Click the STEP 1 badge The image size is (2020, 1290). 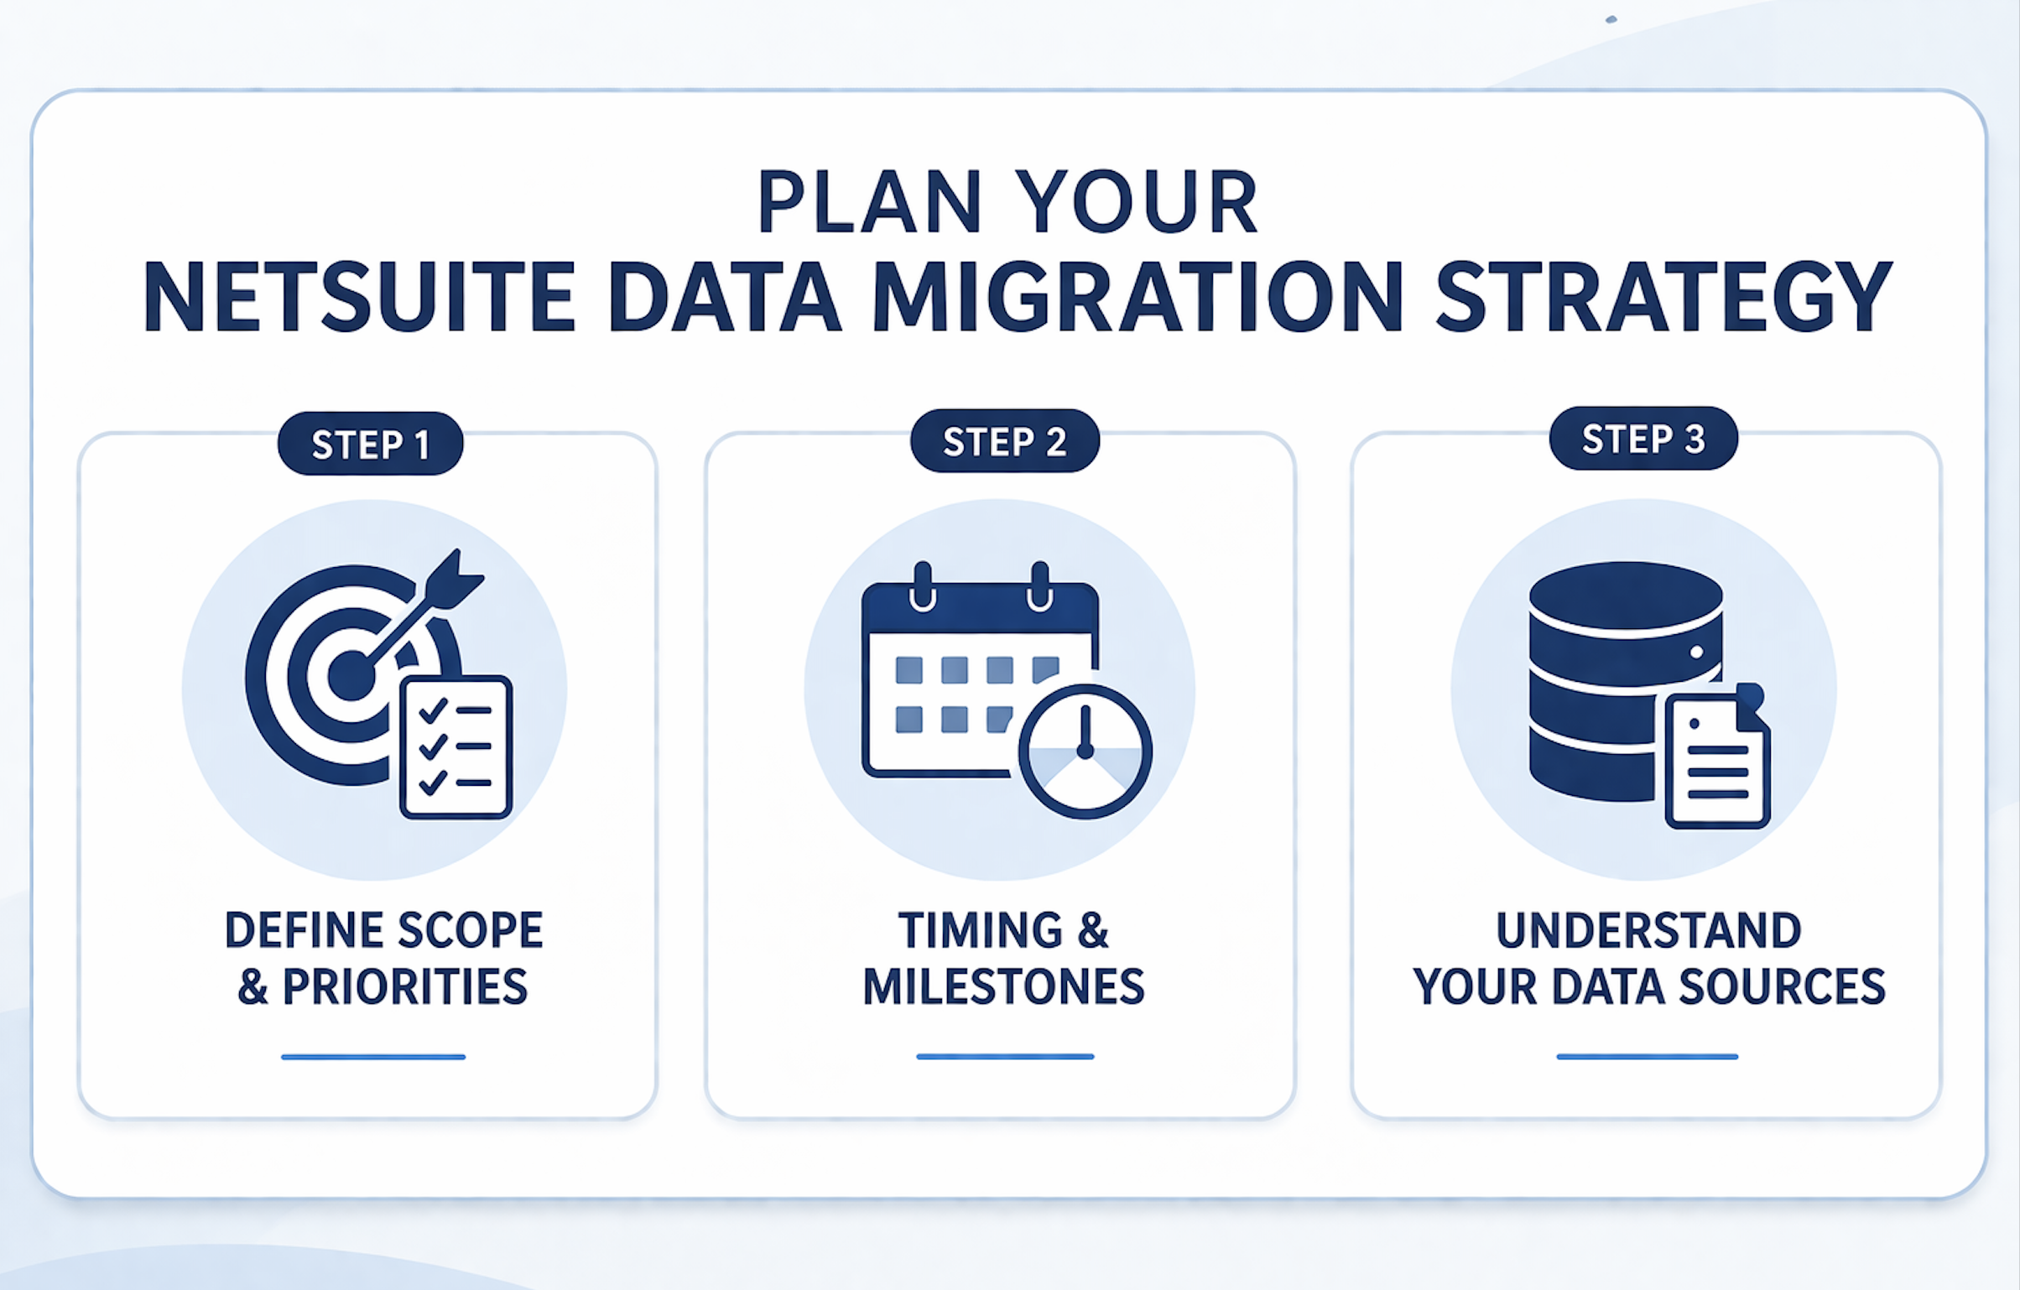coord(370,444)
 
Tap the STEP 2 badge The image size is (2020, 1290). coord(1004,441)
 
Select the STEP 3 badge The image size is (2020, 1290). coord(1643,439)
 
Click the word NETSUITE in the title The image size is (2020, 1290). coord(360,296)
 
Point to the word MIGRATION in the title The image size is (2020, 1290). coord(1137,296)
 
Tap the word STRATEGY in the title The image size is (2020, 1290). coord(1664,296)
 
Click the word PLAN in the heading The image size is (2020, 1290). coord(870,201)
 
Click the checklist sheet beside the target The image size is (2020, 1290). coord(456,746)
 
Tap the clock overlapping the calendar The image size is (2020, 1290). coord(1085,752)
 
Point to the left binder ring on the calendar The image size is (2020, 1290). coord(923,586)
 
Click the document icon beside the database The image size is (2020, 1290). coord(1718,760)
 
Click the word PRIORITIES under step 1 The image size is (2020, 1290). coord(405,986)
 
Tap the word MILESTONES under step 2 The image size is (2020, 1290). coord(1004,986)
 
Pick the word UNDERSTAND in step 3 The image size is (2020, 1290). coord(1648,930)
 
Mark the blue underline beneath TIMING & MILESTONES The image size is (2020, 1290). coord(1005,1057)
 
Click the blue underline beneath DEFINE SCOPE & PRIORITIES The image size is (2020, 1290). coord(373,1057)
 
